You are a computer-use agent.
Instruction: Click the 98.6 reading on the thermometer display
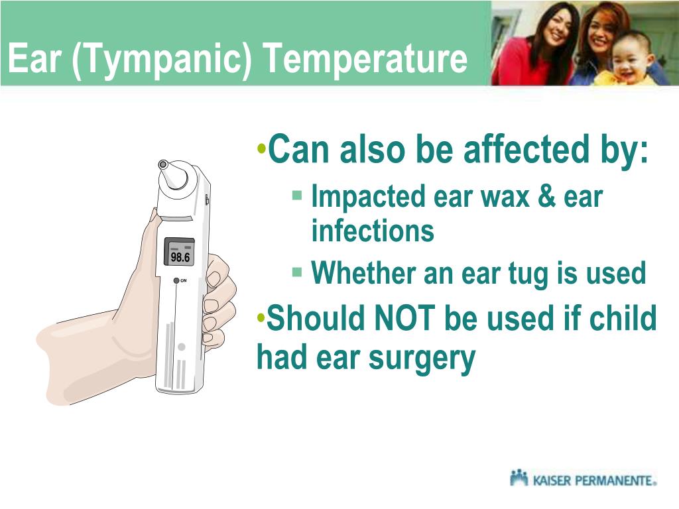(179, 256)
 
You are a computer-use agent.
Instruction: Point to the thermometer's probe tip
(163, 164)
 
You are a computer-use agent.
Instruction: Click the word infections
(373, 231)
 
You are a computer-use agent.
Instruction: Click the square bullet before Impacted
(297, 196)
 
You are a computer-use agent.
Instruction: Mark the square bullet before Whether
(297, 271)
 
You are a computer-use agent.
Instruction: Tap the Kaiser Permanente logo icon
(519, 477)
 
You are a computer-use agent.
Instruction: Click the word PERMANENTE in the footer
(613, 480)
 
